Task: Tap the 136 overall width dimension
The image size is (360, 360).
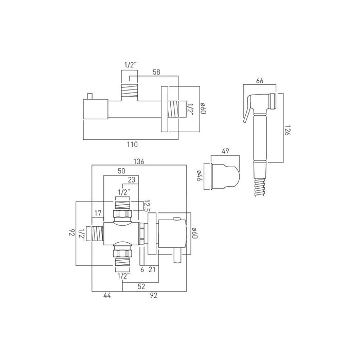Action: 139,161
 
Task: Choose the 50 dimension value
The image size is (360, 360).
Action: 121,171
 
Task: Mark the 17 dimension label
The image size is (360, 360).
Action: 98,214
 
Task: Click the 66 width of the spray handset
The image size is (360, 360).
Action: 259,80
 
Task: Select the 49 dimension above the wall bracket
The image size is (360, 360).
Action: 225,151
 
